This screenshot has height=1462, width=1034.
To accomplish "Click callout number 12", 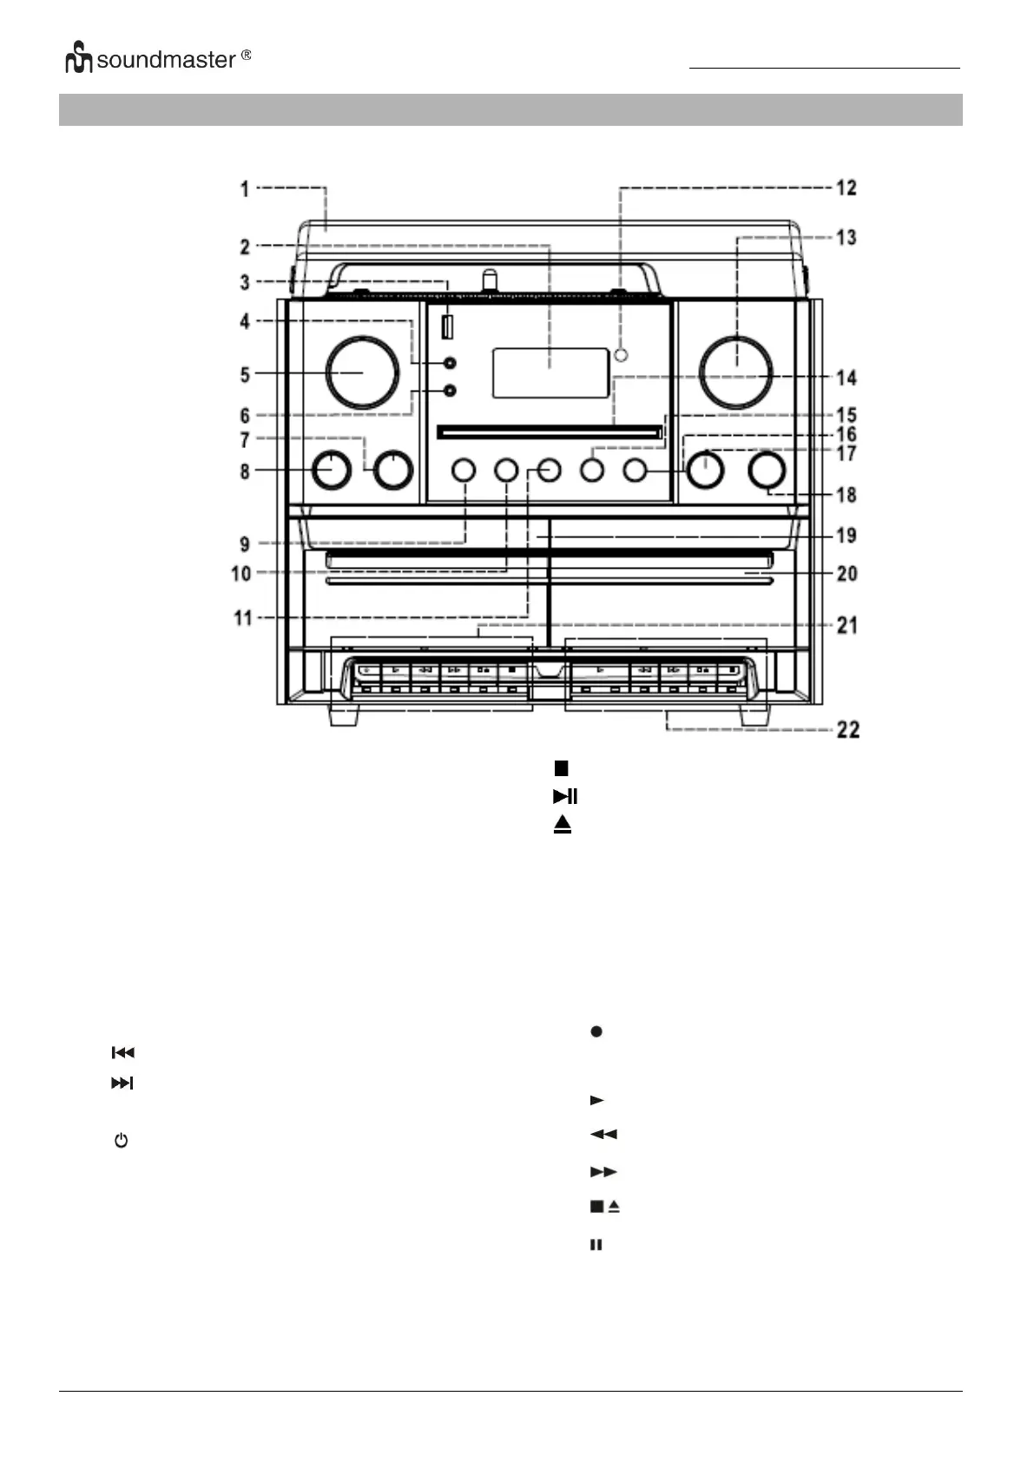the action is [x=846, y=188].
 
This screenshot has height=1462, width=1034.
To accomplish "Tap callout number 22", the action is [x=847, y=729].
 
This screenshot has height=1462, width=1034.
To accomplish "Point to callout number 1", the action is [x=245, y=188].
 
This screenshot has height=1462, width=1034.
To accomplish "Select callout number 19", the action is [x=846, y=536].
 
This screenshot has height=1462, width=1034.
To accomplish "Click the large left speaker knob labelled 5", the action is [x=363, y=372].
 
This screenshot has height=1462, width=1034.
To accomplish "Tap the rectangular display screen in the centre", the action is [x=550, y=373].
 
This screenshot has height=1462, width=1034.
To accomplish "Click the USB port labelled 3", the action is [x=447, y=328].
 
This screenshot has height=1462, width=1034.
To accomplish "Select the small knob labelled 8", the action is [x=331, y=470].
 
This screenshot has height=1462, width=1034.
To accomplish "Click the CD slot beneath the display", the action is [x=550, y=431].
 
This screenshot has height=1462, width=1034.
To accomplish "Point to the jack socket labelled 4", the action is [x=449, y=363].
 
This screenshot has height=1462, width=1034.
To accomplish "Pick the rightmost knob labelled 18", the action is [x=767, y=470].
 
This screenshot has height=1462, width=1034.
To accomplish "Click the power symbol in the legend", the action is [x=121, y=1140].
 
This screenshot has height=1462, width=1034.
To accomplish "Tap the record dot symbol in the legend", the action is [x=596, y=1031].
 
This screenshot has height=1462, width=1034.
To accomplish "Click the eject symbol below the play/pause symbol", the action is [x=563, y=824].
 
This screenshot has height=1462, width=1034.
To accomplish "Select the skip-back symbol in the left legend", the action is [x=122, y=1052].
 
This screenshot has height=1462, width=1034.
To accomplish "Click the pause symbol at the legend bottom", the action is [x=596, y=1245].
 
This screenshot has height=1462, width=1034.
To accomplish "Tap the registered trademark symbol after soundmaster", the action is [x=246, y=56].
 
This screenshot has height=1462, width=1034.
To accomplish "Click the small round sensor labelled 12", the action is [x=621, y=355].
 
